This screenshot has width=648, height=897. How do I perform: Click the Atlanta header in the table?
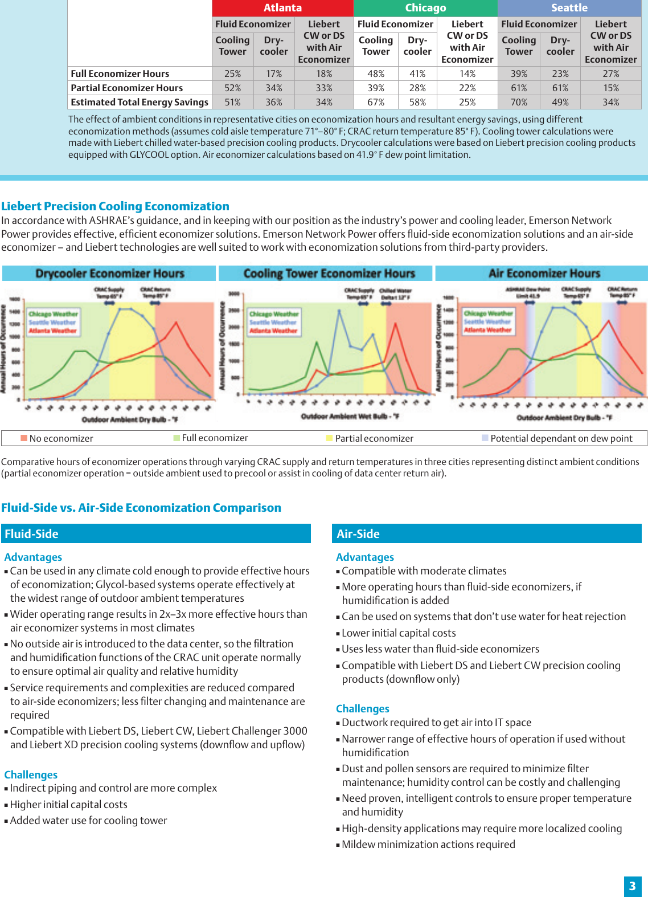(282, 8)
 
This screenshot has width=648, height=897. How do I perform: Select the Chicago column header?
(425, 8)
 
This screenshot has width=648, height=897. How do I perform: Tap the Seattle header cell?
(569, 8)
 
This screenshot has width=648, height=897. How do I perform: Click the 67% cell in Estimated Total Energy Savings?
(376, 102)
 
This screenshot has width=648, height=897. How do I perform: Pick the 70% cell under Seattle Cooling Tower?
(519, 102)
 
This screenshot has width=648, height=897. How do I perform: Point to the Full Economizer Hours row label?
(120, 74)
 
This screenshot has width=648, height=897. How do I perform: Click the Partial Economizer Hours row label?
(127, 88)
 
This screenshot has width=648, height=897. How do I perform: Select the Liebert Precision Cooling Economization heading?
(115, 206)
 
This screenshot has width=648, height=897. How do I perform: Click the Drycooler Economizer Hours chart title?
(109, 274)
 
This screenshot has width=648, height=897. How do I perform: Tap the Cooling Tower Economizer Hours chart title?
(329, 274)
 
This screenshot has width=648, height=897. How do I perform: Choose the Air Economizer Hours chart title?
(544, 274)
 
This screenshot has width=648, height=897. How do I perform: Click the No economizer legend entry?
(57, 438)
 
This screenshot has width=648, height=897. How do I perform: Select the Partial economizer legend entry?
(370, 438)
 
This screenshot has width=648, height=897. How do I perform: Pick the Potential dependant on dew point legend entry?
(558, 438)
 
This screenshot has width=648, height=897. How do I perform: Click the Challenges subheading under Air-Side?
(363, 708)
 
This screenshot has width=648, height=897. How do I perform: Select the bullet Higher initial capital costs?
(68, 804)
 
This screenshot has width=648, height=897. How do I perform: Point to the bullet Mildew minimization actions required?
(428, 844)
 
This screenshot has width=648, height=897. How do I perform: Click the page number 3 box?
(632, 886)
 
